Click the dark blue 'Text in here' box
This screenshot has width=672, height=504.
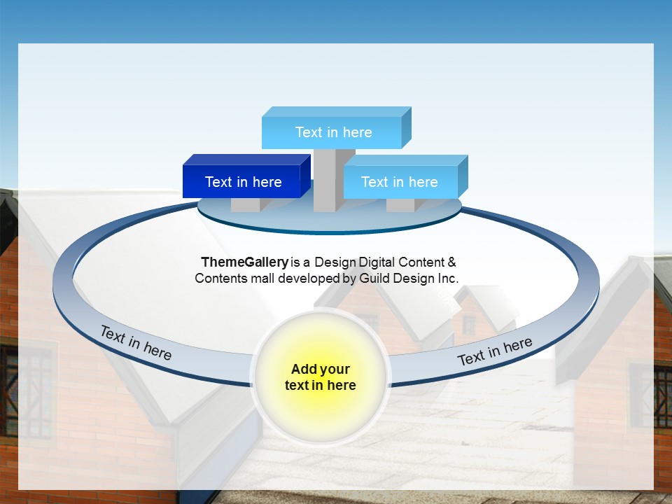tap(242, 182)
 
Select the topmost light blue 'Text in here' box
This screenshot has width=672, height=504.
tap(333, 132)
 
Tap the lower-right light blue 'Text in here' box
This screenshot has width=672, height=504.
tap(399, 182)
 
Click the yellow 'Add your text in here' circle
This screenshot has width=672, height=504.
tap(320, 377)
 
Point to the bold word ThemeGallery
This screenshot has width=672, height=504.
tap(244, 262)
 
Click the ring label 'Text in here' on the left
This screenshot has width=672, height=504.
tap(136, 342)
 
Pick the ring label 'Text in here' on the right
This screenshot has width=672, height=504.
tap(495, 351)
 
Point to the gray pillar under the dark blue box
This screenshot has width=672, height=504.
tap(245, 204)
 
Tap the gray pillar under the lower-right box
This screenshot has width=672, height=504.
tap(400, 204)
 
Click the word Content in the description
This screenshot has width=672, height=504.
tap(421, 262)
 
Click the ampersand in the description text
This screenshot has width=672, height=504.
tap(451, 262)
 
